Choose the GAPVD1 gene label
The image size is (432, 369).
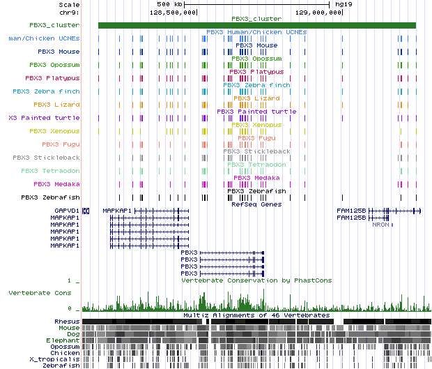[x=67, y=210]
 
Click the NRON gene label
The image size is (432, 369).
[x=380, y=225]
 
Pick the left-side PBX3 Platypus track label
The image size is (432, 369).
[x=53, y=78]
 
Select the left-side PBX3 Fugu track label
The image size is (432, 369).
[x=61, y=144]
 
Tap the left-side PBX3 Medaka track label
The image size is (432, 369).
[x=56, y=184]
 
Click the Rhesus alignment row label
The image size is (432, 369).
[x=68, y=321]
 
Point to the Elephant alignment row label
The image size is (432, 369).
[x=63, y=340]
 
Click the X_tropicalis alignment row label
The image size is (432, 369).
[x=59, y=359]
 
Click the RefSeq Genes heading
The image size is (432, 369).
[x=256, y=204]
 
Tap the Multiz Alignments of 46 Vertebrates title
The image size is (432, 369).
[x=256, y=315]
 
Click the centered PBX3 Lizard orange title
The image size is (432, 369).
[x=256, y=98]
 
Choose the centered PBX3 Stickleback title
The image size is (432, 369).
[x=256, y=151]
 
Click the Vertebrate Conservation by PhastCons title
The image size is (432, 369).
[x=256, y=280]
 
